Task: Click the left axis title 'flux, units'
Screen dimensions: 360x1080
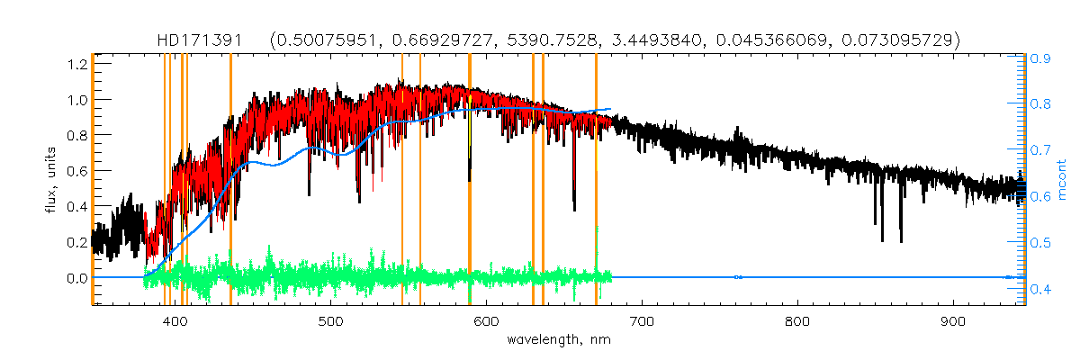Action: (x=52, y=180)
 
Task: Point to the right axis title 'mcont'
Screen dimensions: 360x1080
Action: (x=1061, y=180)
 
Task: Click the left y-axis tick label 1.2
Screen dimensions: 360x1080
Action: (x=75, y=64)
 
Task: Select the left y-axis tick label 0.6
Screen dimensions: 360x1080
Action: (x=75, y=171)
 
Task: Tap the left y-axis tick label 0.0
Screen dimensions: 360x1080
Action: (x=75, y=278)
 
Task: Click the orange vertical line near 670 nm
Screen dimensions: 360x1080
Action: (x=596, y=180)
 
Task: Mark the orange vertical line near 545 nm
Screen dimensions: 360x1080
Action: (x=401, y=180)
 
